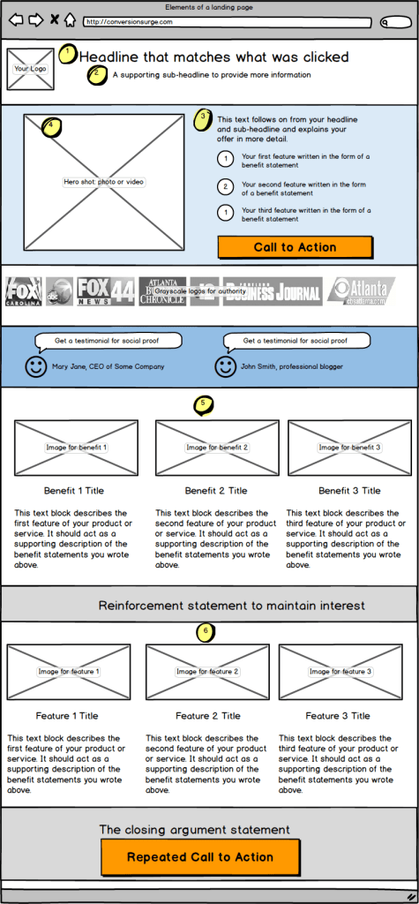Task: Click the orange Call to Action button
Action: (295, 247)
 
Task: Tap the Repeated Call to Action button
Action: (200, 856)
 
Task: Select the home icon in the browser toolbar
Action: (70, 19)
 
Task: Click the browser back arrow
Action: (16, 19)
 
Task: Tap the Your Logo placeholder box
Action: (30, 69)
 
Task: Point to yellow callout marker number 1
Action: (68, 54)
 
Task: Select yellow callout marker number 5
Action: (204, 405)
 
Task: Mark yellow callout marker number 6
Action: (206, 632)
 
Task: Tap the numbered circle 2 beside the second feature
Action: (225, 187)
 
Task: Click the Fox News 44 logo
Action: (105, 290)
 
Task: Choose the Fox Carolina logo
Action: (24, 290)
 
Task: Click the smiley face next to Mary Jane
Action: (36, 366)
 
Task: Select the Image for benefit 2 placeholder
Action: (217, 448)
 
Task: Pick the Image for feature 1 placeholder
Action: (69, 672)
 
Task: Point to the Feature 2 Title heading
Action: (207, 716)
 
